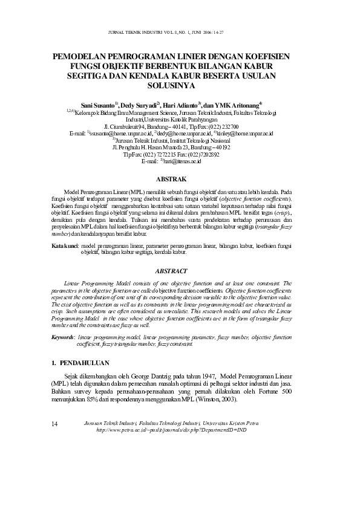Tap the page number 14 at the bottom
(56, 423)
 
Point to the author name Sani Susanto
(99, 105)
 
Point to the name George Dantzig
(152, 376)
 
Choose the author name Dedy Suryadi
(139, 105)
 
